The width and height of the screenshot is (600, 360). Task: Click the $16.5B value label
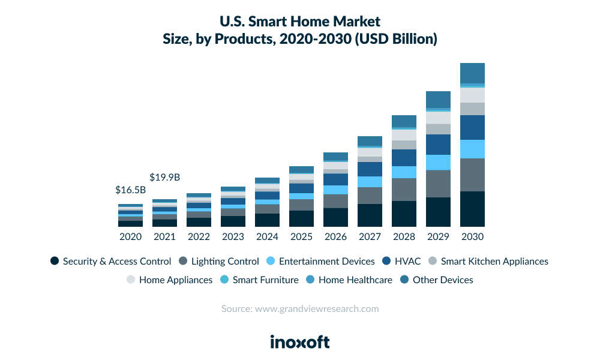130,190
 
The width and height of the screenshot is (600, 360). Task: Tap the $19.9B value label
164,177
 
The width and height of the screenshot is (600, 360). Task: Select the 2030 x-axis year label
472,237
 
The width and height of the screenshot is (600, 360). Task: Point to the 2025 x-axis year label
301,237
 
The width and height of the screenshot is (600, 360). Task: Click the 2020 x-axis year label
130,237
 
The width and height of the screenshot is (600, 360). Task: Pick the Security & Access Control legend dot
55,261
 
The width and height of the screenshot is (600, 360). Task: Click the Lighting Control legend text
225,261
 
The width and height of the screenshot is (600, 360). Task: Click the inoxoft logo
299,342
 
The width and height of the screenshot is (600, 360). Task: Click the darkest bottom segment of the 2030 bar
472,209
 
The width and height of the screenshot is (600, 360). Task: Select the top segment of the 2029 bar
438,100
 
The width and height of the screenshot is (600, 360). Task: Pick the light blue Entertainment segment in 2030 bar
472,149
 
